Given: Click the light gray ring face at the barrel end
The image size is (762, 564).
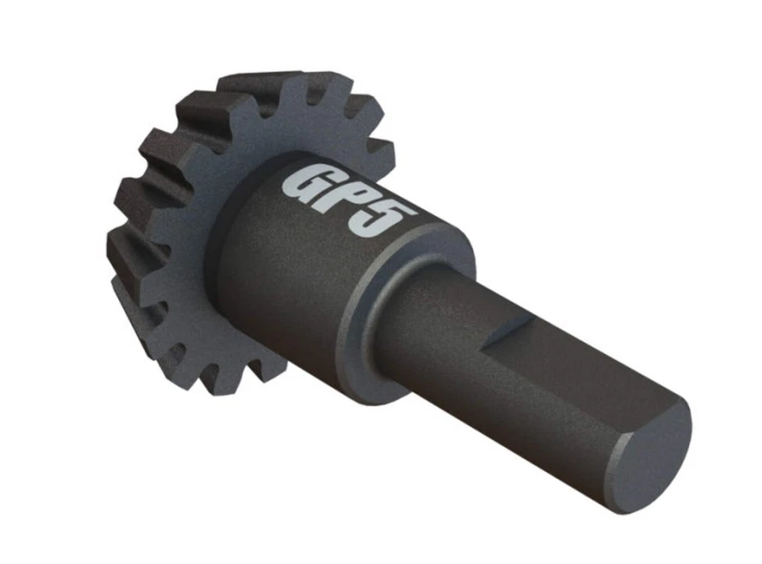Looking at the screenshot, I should coord(373,317).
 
